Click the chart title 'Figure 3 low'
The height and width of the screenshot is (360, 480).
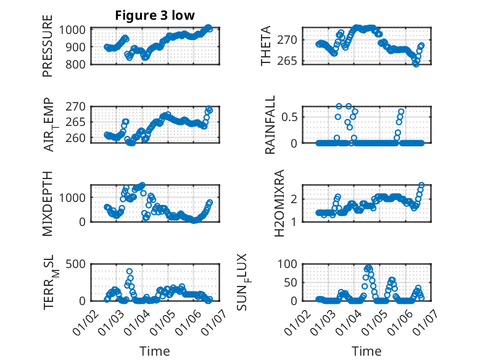(x=155, y=16)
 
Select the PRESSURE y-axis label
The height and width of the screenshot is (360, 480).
(x=48, y=50)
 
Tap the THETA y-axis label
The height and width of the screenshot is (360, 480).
(x=266, y=46)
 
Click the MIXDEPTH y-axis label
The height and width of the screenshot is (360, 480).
(x=48, y=203)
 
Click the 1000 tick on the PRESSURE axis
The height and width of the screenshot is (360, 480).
(x=75, y=30)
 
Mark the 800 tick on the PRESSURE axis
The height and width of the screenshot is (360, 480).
(x=78, y=64)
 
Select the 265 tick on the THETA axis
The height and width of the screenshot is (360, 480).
(x=290, y=61)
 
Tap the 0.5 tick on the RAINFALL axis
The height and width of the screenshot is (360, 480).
(x=291, y=116)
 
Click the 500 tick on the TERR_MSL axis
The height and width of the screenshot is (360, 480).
(x=78, y=264)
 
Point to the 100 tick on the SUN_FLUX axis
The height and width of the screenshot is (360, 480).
(x=289, y=264)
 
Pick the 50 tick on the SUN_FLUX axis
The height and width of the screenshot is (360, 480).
(x=292, y=282)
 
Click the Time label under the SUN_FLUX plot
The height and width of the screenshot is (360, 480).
(x=366, y=351)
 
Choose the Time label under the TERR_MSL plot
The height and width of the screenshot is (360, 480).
(x=155, y=351)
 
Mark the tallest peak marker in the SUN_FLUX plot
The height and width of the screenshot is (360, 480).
(x=368, y=267)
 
